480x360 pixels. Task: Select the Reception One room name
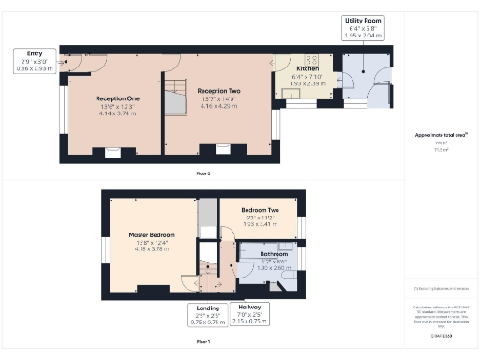(117, 97)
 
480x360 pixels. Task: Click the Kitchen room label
(308, 69)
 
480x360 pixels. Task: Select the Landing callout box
(206, 314)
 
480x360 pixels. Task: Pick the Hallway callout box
(249, 314)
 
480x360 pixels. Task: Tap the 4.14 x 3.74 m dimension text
(117, 113)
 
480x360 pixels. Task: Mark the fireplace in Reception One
(112, 150)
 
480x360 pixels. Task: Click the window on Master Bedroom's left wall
(104, 248)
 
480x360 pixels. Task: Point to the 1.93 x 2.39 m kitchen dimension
(307, 83)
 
